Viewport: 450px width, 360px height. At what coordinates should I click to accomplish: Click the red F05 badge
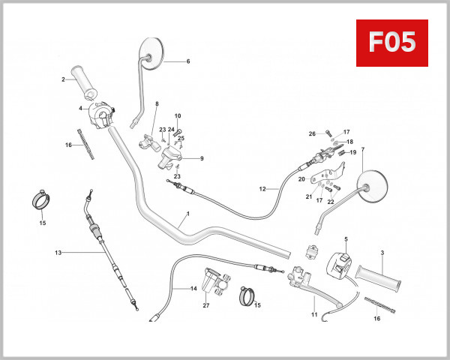pos(392,43)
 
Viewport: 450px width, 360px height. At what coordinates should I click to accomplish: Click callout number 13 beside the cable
pos(57,253)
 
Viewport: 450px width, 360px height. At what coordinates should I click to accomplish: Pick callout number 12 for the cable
pos(262,188)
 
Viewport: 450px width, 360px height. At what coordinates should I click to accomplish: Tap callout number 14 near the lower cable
pos(193,289)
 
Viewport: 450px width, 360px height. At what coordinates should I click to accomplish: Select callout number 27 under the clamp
pos(205,305)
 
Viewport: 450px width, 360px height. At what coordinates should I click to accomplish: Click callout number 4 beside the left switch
pos(81,109)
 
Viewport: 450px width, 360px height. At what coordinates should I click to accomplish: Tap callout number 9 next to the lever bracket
pos(201,158)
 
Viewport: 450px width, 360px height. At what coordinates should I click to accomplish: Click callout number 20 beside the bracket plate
pos(301,179)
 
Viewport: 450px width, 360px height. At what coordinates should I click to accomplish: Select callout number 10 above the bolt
pos(178,116)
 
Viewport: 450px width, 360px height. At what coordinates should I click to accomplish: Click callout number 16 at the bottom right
pos(376,319)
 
